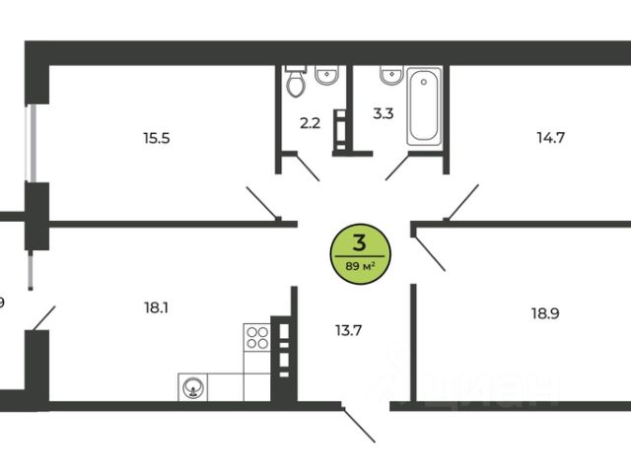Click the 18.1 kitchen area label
pyautogui.click(x=155, y=306)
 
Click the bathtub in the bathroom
pyautogui.click(x=426, y=105)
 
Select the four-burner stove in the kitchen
pyautogui.click(x=257, y=338)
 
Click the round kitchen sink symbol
pyautogui.click(x=192, y=387)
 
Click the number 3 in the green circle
pyautogui.click(x=360, y=241)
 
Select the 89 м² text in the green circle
pyautogui.click(x=360, y=265)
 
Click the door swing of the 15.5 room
pyautogui.click(x=264, y=203)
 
